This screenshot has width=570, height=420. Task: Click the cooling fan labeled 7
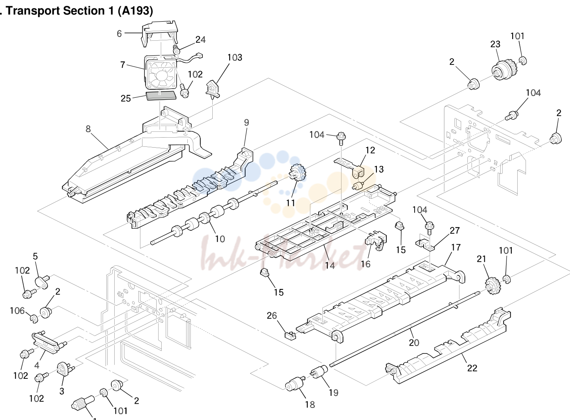pyautogui.click(x=160, y=73)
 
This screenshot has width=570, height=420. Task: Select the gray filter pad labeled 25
pyautogui.click(x=161, y=96)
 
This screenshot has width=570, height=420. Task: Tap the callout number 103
pyautogui.click(x=235, y=57)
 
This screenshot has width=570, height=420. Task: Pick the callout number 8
pyautogui.click(x=88, y=129)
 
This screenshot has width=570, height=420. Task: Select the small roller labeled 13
pyautogui.click(x=358, y=186)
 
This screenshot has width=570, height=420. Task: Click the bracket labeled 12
pyautogui.click(x=350, y=167)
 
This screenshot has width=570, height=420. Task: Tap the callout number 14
pyautogui.click(x=330, y=265)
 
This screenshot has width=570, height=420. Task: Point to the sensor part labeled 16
pyautogui.click(x=376, y=240)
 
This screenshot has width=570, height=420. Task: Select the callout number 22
pyautogui.click(x=472, y=368)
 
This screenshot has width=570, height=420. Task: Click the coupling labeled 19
pyautogui.click(x=319, y=372)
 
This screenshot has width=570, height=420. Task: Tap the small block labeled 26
pyautogui.click(x=290, y=336)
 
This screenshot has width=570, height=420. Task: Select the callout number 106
pyautogui.click(x=17, y=311)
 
